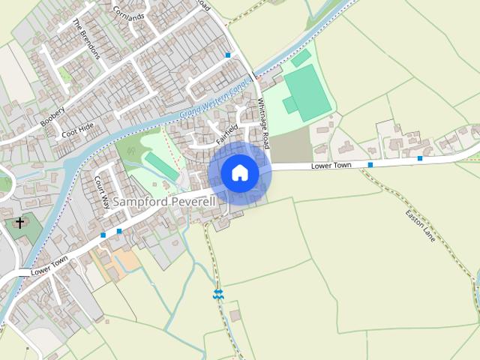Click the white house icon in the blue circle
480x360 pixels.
pyautogui.click(x=239, y=172)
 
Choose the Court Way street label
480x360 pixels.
pyautogui.click(x=103, y=192)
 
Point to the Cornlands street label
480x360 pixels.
pyautogui.click(x=128, y=10)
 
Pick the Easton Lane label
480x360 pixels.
pyautogui.click(x=420, y=224)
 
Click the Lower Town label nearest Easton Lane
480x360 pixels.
pyautogui.click(x=331, y=165)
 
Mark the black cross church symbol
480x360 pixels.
pyautogui.click(x=19, y=223)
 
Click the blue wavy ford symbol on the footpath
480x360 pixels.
pyautogui.click(x=217, y=295)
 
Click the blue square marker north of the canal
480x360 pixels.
pyautogui.click(x=228, y=55)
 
